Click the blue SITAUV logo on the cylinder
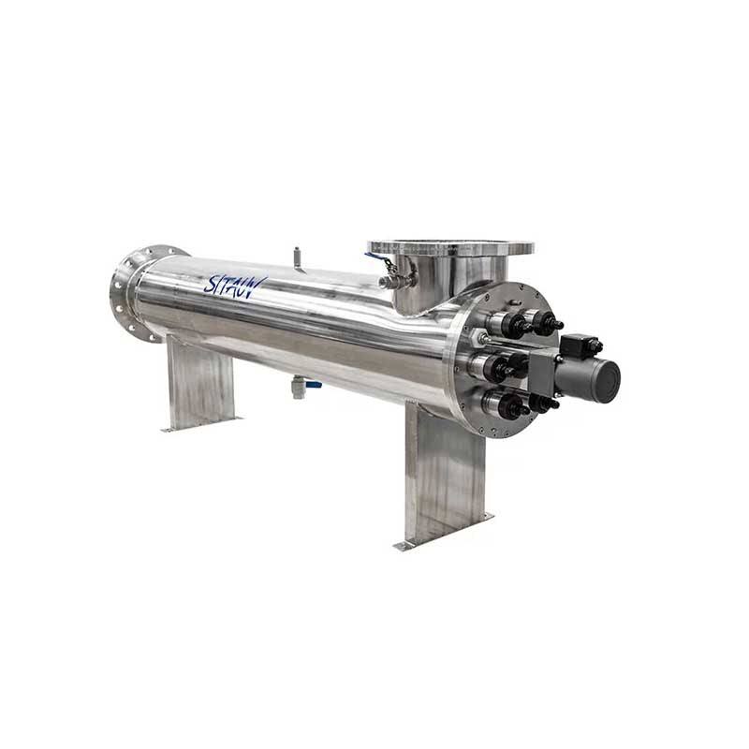[x=235, y=283]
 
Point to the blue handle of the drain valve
[x=315, y=384]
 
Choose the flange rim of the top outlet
[x=450, y=248]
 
